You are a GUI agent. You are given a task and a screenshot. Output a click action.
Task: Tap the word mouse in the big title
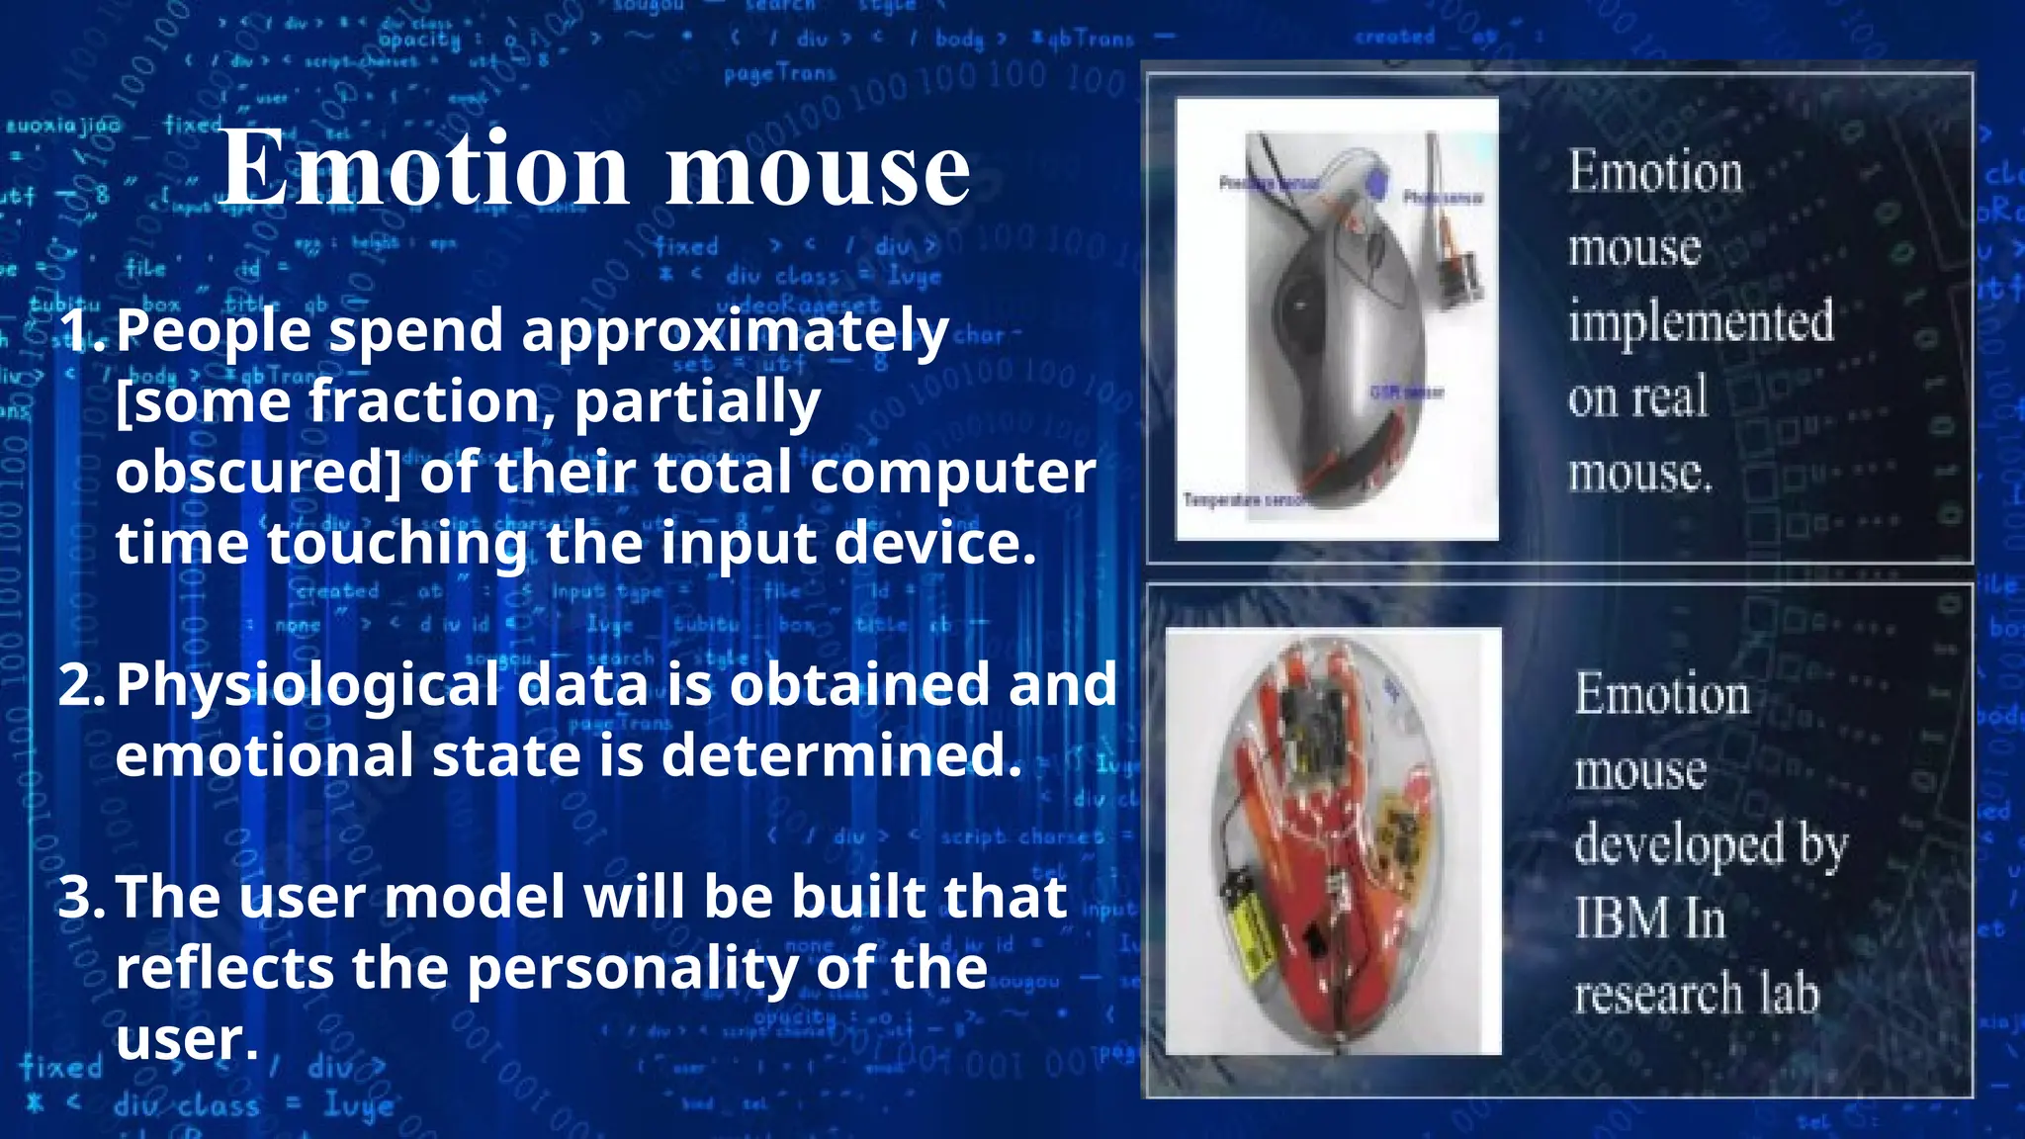[x=817, y=170]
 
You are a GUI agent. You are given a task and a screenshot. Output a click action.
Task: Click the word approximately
[x=735, y=332]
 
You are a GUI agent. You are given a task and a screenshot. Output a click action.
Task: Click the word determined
[x=840, y=756]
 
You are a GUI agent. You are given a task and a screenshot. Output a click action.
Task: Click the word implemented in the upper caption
[x=1701, y=322]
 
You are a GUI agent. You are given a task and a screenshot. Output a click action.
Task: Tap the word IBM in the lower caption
[x=1622, y=919]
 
